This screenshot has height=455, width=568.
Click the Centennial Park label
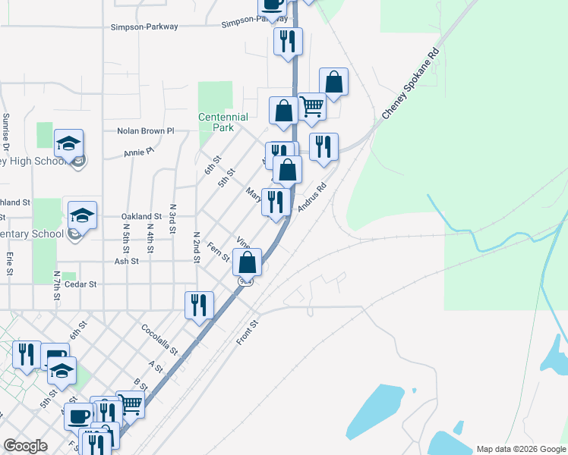[222, 122]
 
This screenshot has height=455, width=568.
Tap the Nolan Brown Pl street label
[146, 131]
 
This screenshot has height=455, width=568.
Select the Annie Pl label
[139, 153]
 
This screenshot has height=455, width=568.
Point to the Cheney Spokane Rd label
[411, 84]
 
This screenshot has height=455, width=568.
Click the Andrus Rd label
[311, 196]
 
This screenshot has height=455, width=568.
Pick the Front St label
[247, 332]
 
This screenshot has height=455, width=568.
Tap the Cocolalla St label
[159, 340]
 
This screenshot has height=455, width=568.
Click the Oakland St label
[142, 216]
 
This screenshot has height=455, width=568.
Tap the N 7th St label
[56, 284]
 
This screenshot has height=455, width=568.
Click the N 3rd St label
[172, 218]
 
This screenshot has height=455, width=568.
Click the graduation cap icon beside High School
[68, 143]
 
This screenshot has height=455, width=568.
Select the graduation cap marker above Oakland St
[82, 215]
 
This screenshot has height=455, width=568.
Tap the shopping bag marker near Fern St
[247, 262]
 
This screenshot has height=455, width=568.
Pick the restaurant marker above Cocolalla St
[200, 305]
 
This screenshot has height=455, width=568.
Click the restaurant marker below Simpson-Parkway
[288, 41]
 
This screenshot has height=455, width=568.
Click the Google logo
[26, 445]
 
